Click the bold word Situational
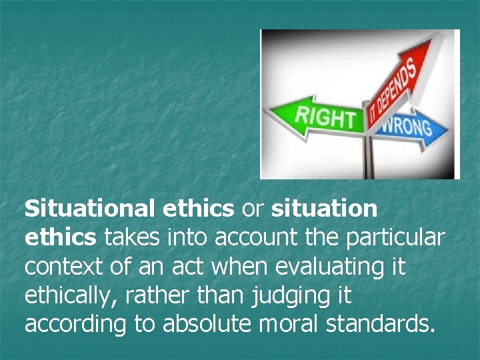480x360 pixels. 91,209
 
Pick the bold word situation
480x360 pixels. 325,209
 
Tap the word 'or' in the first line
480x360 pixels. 253,209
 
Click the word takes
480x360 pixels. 127,237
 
